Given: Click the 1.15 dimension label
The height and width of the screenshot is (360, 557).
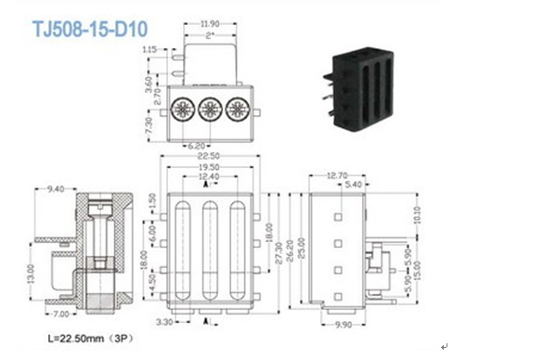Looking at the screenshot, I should pyautogui.click(x=149, y=48).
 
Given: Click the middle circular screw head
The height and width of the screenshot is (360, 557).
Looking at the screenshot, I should pyautogui.click(x=209, y=109).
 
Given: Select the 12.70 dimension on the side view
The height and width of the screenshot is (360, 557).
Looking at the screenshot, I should pyautogui.click(x=337, y=174).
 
